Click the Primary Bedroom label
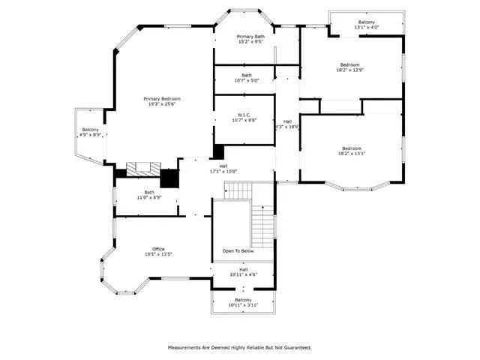[162, 98]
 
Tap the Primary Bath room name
[250, 37]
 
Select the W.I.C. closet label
[244, 114]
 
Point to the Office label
[158, 249]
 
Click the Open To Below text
[238, 251]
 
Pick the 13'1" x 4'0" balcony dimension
[366, 28]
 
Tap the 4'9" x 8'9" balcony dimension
[91, 135]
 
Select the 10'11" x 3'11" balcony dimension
[243, 305]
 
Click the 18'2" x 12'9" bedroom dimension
[350, 70]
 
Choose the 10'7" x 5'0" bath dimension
[246, 80]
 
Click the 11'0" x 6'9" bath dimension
[150, 198]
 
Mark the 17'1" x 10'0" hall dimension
[223, 172]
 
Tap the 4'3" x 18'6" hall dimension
[287, 127]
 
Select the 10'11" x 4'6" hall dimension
[243, 274]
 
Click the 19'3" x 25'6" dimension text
[162, 104]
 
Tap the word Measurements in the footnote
[184, 348]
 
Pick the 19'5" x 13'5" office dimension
[158, 255]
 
